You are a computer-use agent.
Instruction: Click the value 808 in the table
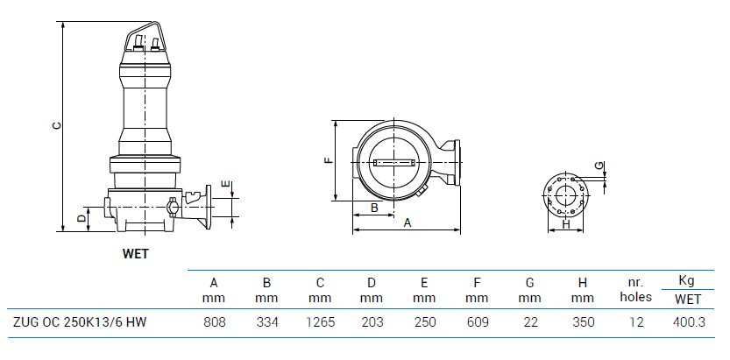pyautogui.click(x=215, y=322)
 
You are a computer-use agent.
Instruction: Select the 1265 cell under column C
pyautogui.click(x=320, y=322)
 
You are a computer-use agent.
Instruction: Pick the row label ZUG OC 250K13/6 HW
pyautogui.click(x=80, y=322)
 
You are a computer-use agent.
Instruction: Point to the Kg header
pyautogui.click(x=687, y=280)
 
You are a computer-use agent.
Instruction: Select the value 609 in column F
pyautogui.click(x=478, y=322)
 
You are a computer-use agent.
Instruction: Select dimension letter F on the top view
pyautogui.click(x=328, y=161)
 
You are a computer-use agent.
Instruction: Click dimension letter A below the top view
pyautogui.click(x=407, y=223)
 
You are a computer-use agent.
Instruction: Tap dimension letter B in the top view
pyautogui.click(x=374, y=208)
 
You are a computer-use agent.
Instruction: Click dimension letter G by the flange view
pyautogui.click(x=599, y=165)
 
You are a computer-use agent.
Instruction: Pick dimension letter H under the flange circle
pyautogui.click(x=566, y=225)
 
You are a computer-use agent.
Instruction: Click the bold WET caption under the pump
pyautogui.click(x=136, y=254)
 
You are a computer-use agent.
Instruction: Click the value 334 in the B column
pyautogui.click(x=267, y=322)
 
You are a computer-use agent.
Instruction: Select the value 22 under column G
pyautogui.click(x=530, y=322)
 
